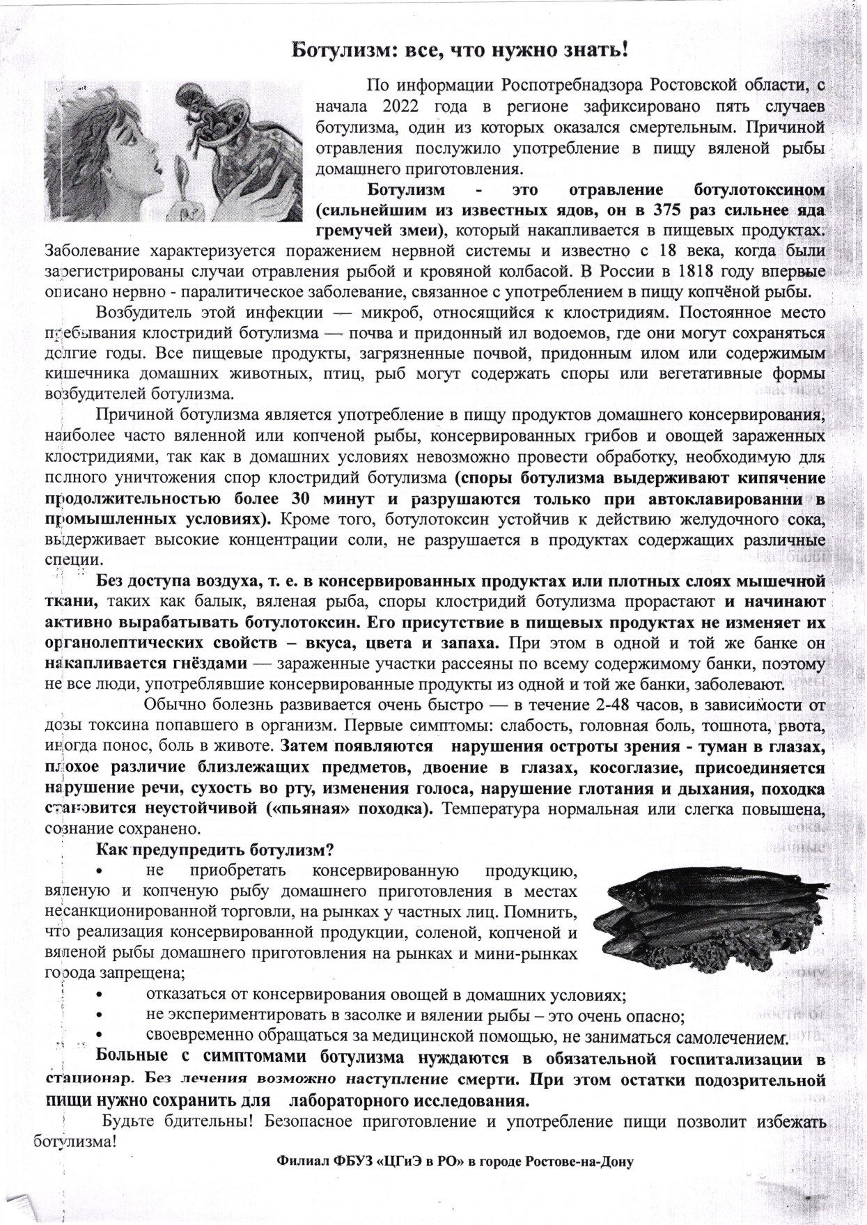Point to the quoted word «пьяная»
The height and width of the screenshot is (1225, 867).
pos(313,810)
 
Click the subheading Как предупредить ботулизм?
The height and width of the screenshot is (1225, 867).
pos(215,850)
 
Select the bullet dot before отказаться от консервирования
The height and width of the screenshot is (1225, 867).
pos(101,997)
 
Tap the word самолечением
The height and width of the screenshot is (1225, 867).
pos(731,1038)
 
